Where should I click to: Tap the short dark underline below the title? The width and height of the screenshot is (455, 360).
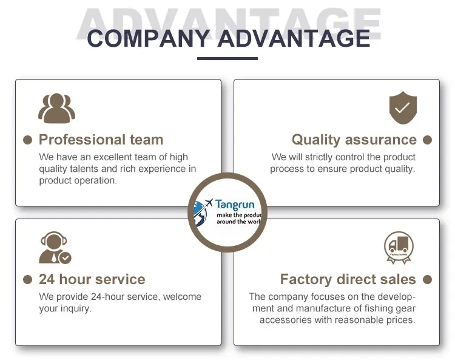tap(227, 58)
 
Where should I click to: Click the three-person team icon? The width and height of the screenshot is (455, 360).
tap(56, 109)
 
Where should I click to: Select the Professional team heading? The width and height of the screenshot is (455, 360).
tap(101, 140)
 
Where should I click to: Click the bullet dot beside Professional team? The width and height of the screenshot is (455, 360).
tap(27, 140)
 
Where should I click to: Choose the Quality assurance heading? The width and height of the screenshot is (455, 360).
tap(354, 140)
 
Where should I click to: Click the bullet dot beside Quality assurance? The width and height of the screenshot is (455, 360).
tap(427, 140)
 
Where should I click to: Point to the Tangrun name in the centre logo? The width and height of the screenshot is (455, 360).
tap(235, 205)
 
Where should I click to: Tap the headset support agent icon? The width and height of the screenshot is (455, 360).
tap(54, 248)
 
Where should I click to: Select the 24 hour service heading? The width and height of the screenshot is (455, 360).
tap(92, 280)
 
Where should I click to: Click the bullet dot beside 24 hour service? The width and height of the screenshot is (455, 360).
tap(27, 280)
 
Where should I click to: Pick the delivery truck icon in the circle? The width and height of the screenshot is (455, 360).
tap(399, 246)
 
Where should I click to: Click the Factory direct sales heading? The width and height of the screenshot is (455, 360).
tap(348, 280)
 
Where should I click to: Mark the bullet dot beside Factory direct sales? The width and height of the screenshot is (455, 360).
tap(427, 280)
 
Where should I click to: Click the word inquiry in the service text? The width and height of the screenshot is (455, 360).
tap(75, 309)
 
